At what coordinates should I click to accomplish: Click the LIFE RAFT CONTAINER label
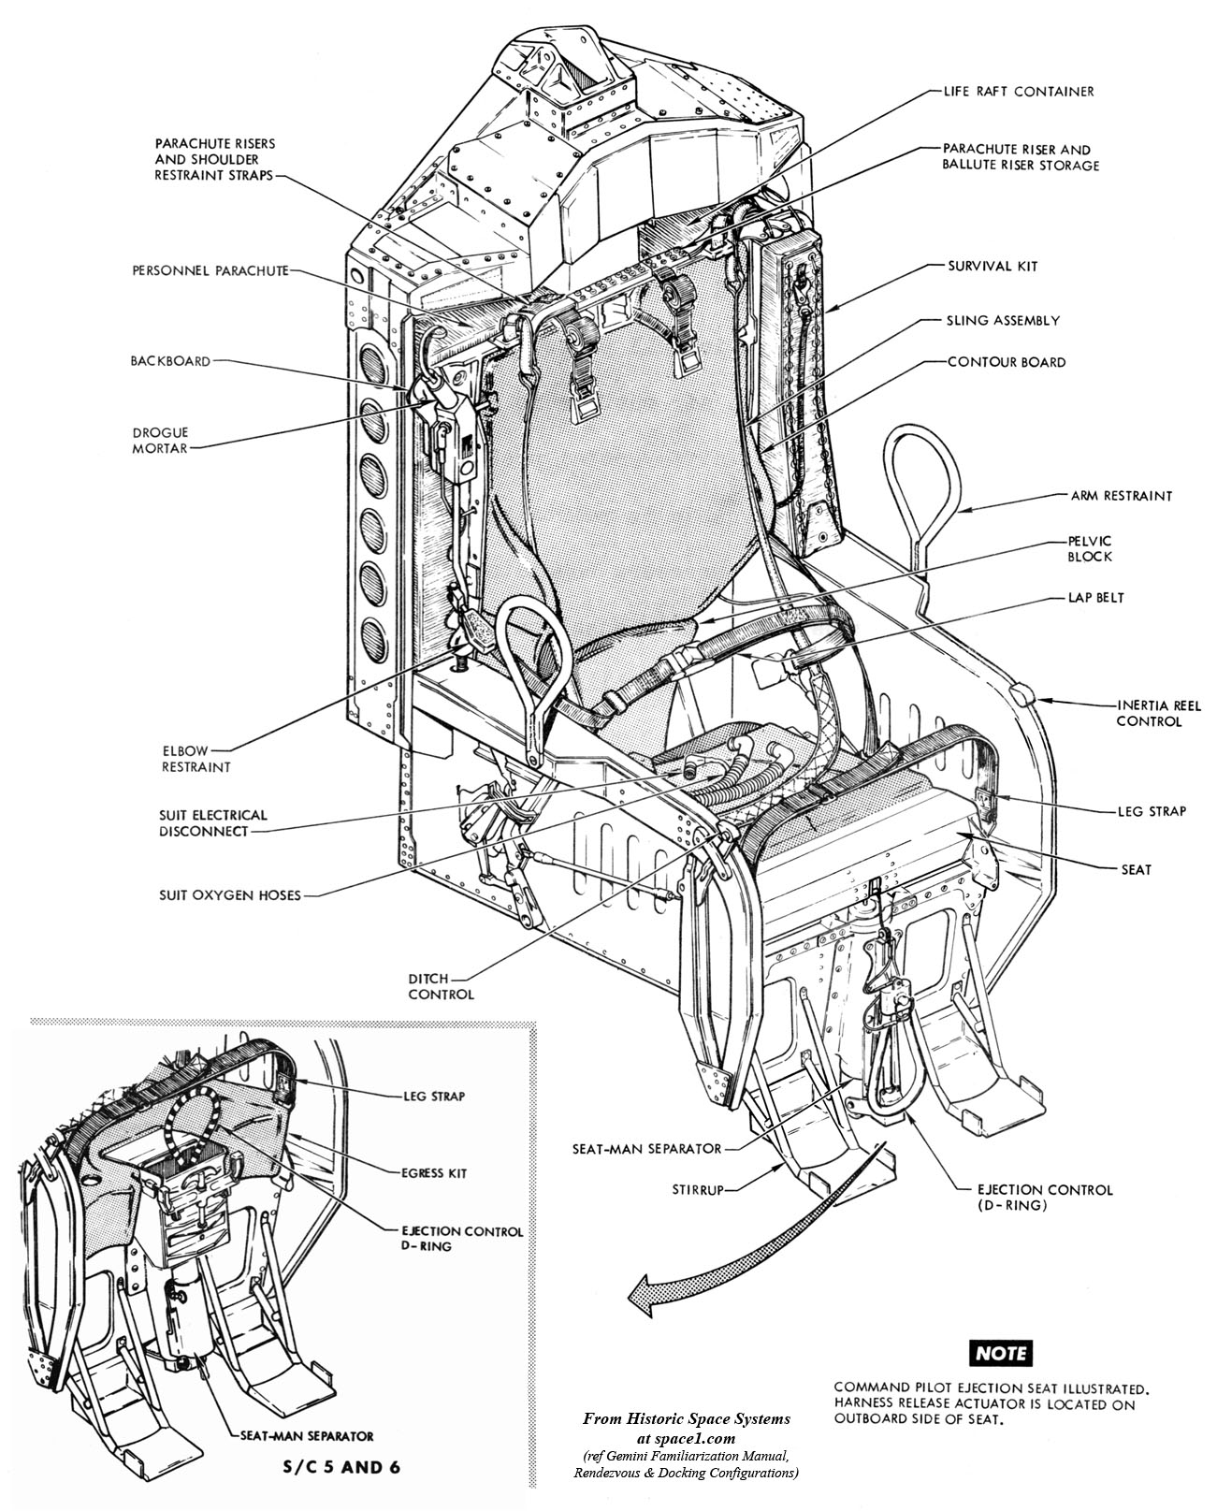tap(1018, 92)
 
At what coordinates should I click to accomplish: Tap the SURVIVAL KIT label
tap(991, 266)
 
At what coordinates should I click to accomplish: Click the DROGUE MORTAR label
tap(160, 440)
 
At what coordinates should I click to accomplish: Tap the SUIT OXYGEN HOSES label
tap(229, 895)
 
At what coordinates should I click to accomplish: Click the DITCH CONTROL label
tap(441, 986)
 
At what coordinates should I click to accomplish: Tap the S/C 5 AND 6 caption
tap(334, 1466)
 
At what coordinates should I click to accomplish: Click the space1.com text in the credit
tap(687, 1418)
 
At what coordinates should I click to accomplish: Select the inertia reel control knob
tap(1022, 695)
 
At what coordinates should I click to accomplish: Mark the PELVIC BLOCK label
tap(1090, 549)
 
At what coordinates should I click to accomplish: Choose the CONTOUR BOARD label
tap(1006, 362)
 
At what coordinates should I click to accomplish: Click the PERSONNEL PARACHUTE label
tap(210, 270)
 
